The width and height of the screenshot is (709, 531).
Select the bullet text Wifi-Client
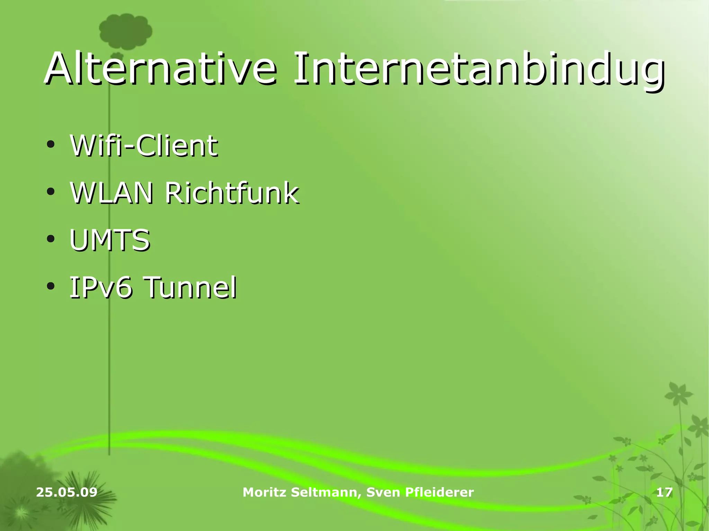click(144, 146)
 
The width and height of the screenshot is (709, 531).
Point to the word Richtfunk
click(232, 193)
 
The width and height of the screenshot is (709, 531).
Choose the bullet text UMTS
click(110, 240)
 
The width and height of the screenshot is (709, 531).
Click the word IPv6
click(101, 287)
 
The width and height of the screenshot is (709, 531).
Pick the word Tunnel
click(190, 287)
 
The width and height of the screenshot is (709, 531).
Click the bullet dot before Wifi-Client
click(51, 145)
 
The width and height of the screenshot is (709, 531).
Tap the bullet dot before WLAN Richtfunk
click(51, 192)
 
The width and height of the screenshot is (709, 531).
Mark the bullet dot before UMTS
click(51, 239)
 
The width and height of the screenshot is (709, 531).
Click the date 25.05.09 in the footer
click(67, 492)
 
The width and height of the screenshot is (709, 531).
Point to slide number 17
click(664, 492)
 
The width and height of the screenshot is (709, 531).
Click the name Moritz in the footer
click(264, 492)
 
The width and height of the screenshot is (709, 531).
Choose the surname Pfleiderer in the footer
click(439, 492)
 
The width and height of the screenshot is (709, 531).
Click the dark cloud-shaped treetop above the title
click(125, 32)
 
